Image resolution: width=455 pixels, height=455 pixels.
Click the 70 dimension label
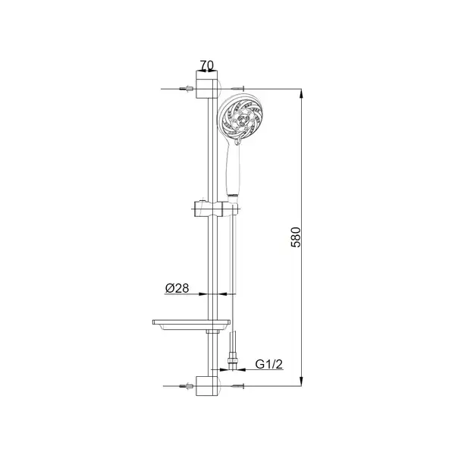click(207, 65)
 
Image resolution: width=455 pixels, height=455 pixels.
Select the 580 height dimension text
click(296, 237)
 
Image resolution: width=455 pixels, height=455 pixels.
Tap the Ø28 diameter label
click(177, 288)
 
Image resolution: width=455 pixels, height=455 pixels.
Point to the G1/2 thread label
click(268, 364)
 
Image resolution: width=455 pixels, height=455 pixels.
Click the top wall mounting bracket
click(207, 84)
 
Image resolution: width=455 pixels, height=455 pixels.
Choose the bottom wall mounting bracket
click(207, 386)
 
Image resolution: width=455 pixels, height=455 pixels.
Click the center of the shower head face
click(241, 119)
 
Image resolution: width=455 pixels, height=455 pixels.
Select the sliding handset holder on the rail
click(215, 209)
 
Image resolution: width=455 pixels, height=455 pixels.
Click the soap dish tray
click(191, 325)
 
